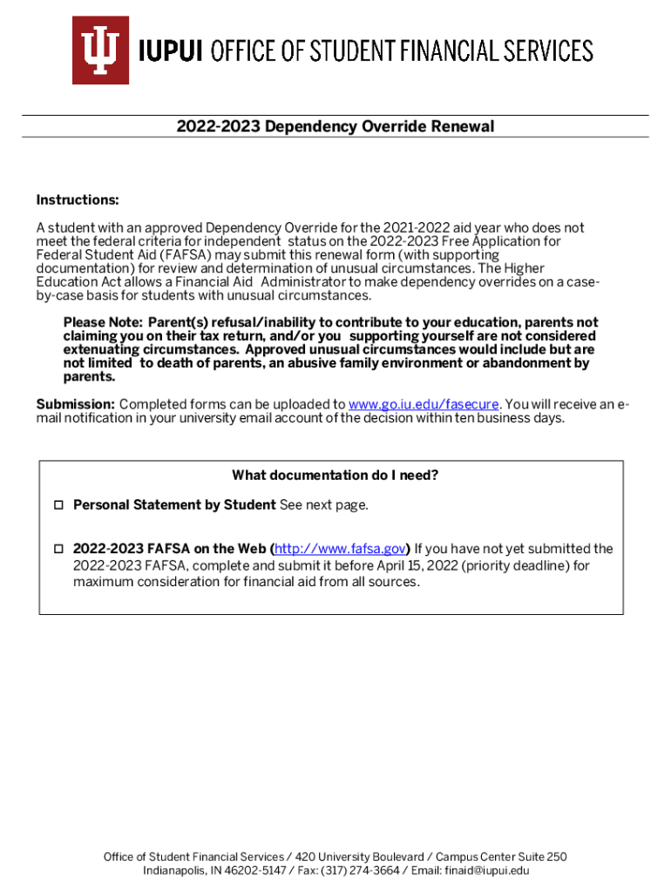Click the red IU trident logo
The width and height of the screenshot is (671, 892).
(x=100, y=50)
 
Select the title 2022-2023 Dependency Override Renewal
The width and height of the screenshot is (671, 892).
(x=335, y=126)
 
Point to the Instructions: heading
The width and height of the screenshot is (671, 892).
(x=78, y=200)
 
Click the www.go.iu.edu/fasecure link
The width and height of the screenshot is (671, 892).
(x=424, y=404)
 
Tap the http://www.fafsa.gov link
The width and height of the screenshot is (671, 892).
(x=340, y=549)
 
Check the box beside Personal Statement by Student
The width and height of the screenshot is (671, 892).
(x=58, y=505)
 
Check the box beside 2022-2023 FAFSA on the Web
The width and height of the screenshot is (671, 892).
(x=58, y=550)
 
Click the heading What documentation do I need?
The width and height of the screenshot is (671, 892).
(x=335, y=475)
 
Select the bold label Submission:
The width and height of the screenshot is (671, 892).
(x=75, y=404)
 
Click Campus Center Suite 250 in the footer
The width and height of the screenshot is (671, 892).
(x=501, y=857)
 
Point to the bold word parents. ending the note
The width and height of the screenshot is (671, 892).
(x=89, y=377)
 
